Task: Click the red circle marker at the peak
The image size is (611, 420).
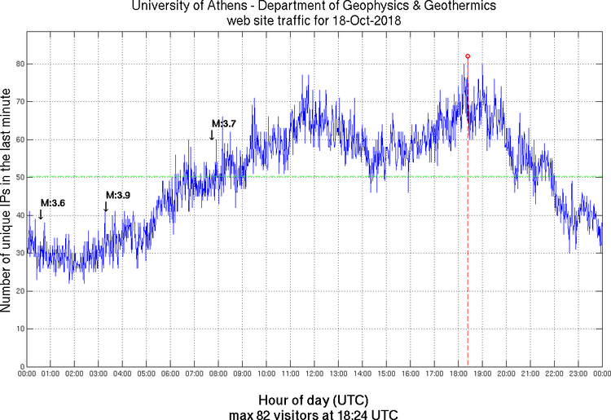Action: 468,56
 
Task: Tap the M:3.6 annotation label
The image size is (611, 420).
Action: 53,203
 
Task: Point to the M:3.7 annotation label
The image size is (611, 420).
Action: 223,124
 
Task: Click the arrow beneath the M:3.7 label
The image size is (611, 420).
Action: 212,135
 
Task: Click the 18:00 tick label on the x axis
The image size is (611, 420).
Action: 458,374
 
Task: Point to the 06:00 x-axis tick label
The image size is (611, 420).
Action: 170,374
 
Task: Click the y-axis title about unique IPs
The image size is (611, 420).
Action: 7,201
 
